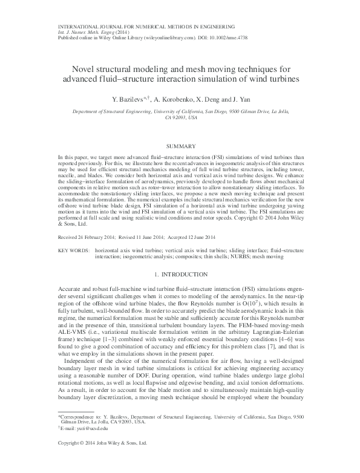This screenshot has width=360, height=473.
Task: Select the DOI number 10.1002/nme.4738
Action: (232, 38)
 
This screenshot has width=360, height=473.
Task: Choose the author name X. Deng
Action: (209, 99)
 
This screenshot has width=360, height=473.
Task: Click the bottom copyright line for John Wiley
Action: (102, 460)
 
